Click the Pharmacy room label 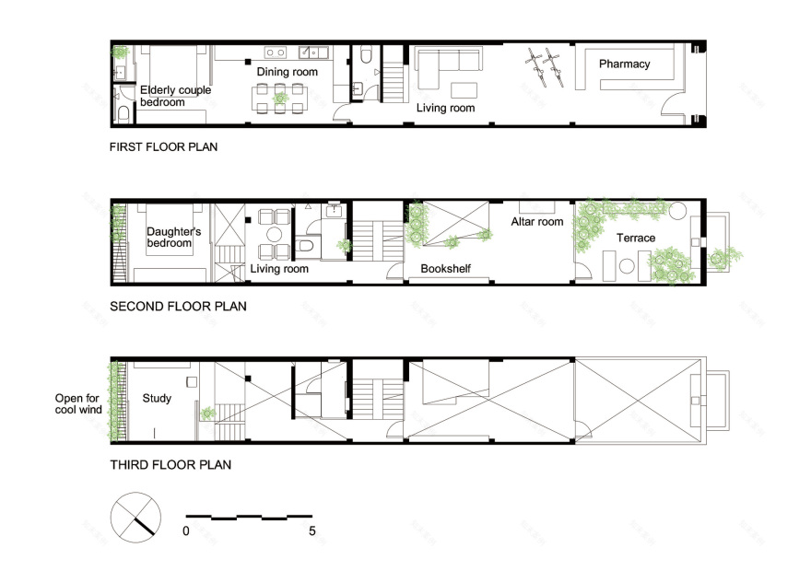click(624, 64)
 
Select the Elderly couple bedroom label click(175, 96)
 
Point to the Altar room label click(537, 221)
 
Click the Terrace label click(636, 239)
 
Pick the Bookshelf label click(447, 269)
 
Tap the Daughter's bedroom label click(169, 238)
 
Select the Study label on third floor click(158, 399)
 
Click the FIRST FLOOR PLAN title click(163, 146)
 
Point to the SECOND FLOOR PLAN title click(178, 306)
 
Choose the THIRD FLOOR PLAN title click(170, 465)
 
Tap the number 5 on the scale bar click(312, 531)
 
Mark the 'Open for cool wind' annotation click(78, 404)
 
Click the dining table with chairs click(278, 98)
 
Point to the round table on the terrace click(627, 267)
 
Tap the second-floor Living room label click(279, 269)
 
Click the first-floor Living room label click(445, 108)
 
